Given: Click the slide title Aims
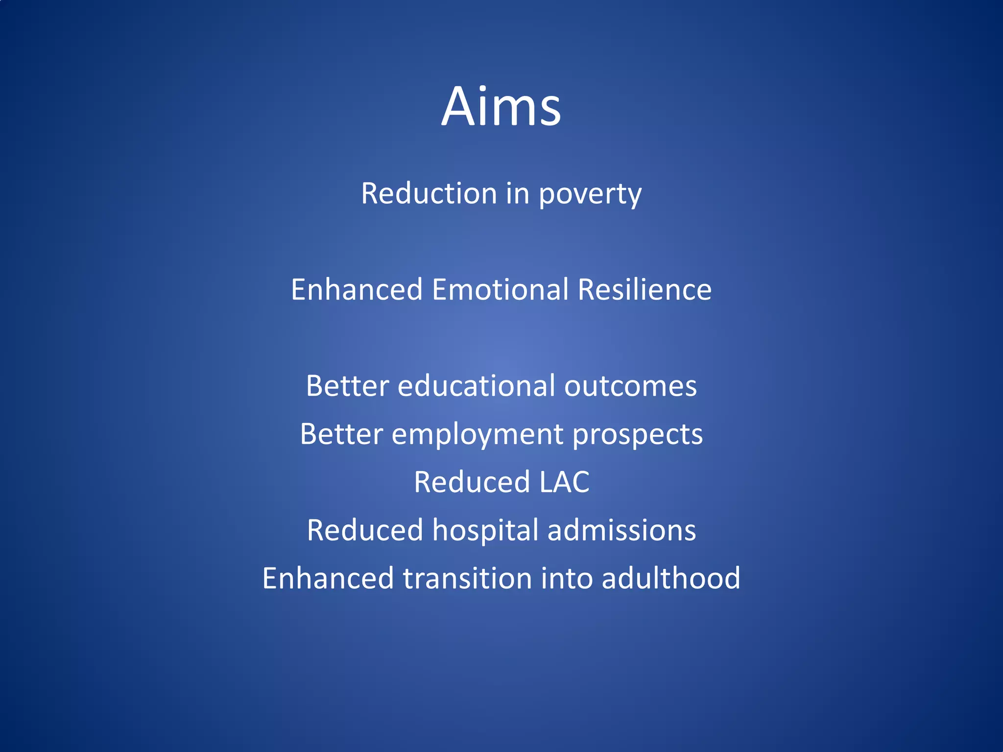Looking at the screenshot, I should click(x=501, y=106).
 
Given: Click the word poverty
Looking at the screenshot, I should click(x=590, y=194).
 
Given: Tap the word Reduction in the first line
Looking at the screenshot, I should click(x=429, y=193).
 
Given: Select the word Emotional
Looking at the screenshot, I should click(x=500, y=289).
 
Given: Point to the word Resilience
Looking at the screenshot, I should click(x=644, y=289).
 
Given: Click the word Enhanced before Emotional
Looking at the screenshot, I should click(x=357, y=289).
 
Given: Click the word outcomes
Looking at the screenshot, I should click(x=630, y=386).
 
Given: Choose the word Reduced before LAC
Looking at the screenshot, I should click(x=472, y=482).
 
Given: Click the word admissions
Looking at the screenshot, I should click(x=621, y=530).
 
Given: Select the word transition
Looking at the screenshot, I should click(x=467, y=578).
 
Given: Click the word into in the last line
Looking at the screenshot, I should click(x=566, y=578).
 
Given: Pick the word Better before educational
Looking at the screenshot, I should click(x=347, y=386).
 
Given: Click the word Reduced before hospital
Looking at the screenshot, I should click(x=365, y=530).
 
